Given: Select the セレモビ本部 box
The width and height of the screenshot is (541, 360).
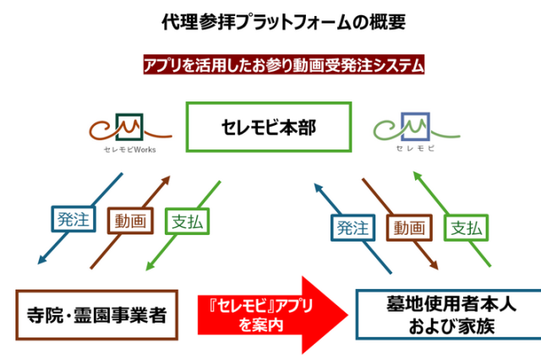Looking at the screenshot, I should (x=270, y=128).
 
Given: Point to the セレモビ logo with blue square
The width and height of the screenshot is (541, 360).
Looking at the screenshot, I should (x=414, y=131).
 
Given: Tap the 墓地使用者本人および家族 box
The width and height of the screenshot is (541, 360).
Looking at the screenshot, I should (x=440, y=314).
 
